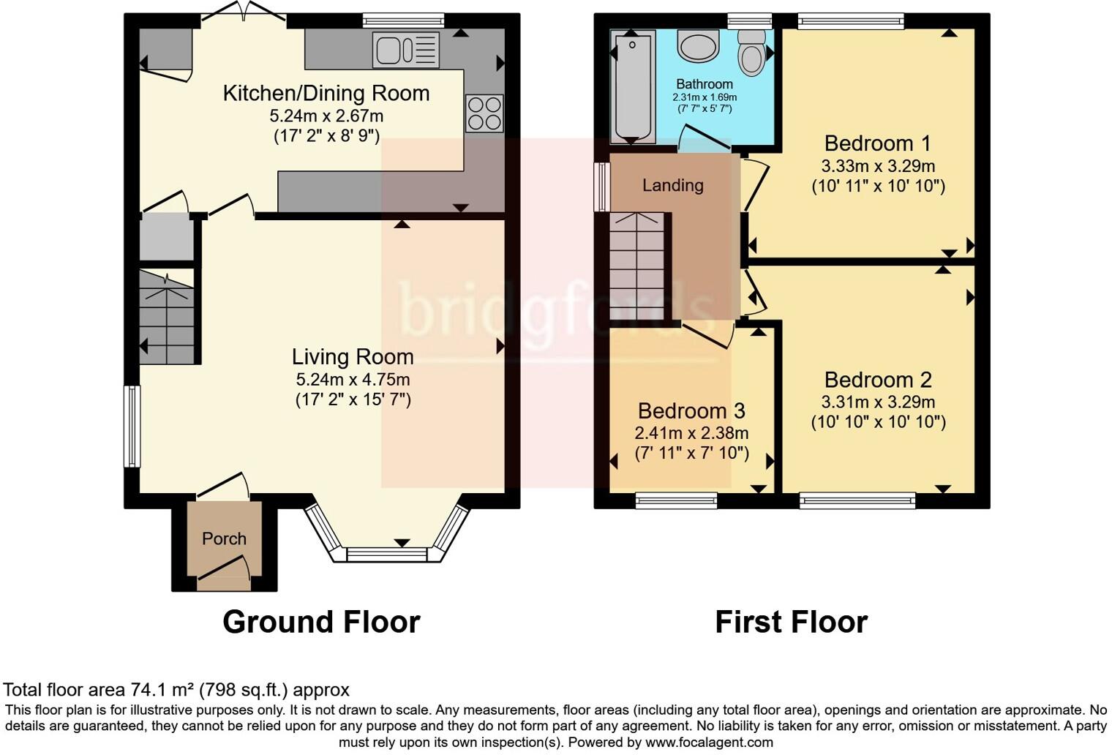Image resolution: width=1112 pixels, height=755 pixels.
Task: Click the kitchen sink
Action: pos(406,50)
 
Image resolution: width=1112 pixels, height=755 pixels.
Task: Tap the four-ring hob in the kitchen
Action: pos(484,114)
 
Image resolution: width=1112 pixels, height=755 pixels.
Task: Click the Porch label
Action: pos(224,538)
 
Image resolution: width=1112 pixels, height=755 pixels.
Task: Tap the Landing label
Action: pos(672,185)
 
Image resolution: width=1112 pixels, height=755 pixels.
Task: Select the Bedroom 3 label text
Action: pos(691,410)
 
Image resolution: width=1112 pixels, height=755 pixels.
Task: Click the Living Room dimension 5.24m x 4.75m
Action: pos(353,379)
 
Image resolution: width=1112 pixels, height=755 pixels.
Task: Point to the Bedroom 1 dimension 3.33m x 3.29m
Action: pos(878,165)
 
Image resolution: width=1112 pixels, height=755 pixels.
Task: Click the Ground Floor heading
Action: pos(321,622)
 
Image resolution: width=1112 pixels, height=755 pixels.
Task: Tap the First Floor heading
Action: pos(791,622)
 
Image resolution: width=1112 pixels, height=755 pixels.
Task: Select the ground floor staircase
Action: pos(168,318)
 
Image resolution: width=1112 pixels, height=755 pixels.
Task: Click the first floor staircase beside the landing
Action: pos(637,266)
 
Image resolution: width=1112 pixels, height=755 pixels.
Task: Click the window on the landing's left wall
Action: pos(601,187)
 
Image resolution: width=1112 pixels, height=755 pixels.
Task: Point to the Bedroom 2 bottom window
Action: pos(857,501)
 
